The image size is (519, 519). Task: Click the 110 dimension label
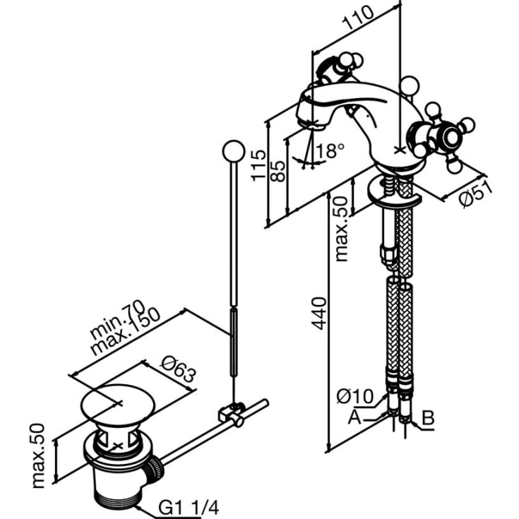click(358, 18)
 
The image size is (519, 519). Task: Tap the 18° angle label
click(330, 150)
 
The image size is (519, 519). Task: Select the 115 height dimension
click(258, 165)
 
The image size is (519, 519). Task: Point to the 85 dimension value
click(278, 171)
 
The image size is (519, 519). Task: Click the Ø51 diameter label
click(476, 195)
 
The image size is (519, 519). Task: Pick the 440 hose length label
click(319, 314)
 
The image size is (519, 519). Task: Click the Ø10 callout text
click(354, 396)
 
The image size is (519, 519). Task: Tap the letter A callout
click(354, 417)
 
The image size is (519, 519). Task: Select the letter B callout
click(429, 418)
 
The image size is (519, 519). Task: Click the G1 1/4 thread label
click(189, 507)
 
